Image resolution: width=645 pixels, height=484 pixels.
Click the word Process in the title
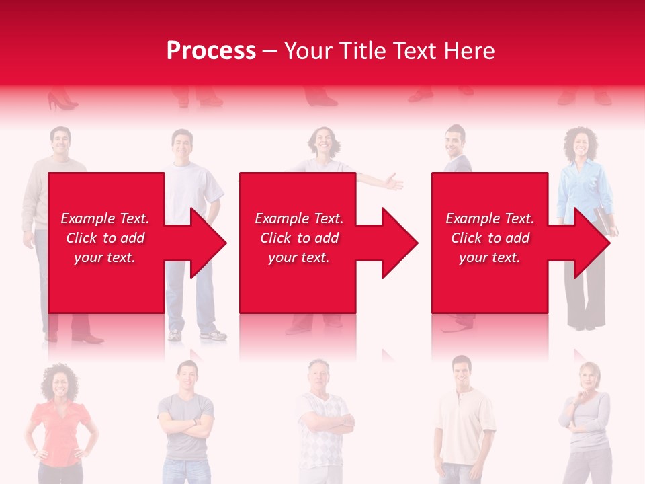pos(211,51)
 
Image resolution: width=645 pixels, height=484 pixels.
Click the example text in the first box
pos(105,238)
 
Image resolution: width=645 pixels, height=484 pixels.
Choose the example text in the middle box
pos(298,238)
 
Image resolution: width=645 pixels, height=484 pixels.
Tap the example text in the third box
pos(490,238)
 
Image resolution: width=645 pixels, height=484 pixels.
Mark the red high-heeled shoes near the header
pos(62,102)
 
